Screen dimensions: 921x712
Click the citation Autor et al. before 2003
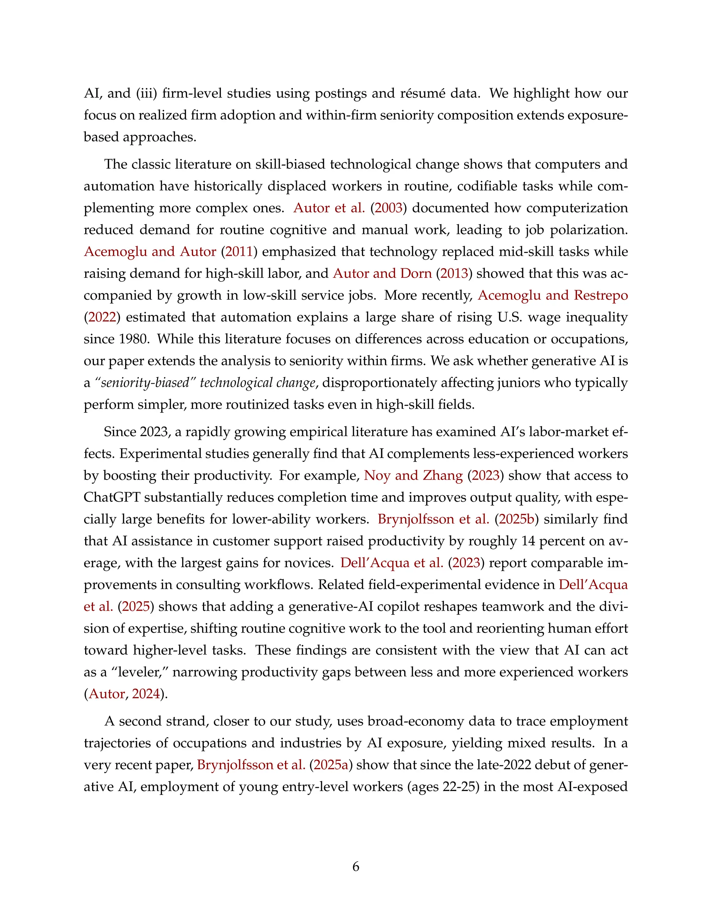(329, 208)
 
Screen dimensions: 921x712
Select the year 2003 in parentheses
(388, 208)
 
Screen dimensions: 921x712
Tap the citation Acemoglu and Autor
(150, 252)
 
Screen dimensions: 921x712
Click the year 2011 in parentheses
(239, 252)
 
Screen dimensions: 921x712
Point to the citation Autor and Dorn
(382, 274)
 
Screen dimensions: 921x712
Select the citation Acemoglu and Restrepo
(552, 295)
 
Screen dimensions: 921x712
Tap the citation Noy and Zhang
(413, 476)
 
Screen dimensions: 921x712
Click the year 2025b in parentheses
(517, 519)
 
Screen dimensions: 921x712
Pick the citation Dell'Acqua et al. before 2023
(391, 563)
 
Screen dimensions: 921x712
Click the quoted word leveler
(139, 672)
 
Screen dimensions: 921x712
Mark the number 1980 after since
(134, 339)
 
